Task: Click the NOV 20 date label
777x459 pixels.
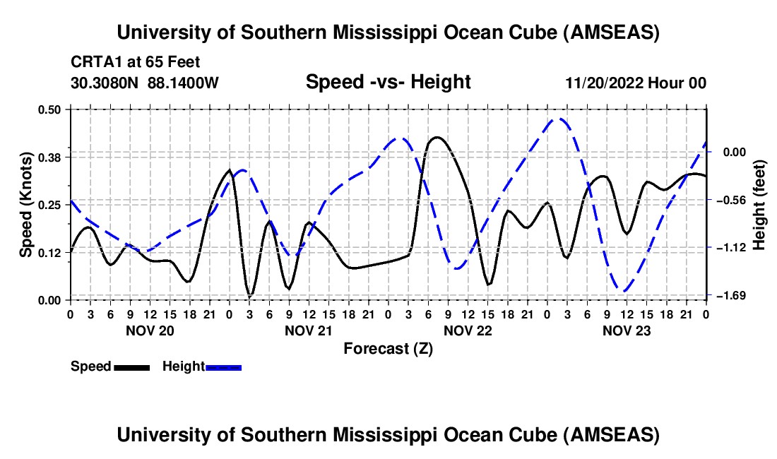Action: click(x=150, y=330)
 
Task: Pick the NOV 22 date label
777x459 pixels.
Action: click(x=468, y=330)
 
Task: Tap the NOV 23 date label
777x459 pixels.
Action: click(x=627, y=330)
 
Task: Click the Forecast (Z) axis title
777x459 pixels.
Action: click(x=388, y=348)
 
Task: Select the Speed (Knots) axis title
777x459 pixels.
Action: click(x=25, y=204)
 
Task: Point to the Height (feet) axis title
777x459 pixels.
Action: click(x=759, y=204)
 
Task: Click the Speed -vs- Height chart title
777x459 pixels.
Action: click(x=388, y=82)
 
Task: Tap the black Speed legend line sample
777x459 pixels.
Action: click(x=131, y=366)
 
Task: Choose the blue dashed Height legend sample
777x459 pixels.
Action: click(x=223, y=366)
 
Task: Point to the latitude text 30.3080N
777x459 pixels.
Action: click(x=106, y=83)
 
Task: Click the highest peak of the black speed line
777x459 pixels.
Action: click(x=437, y=137)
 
